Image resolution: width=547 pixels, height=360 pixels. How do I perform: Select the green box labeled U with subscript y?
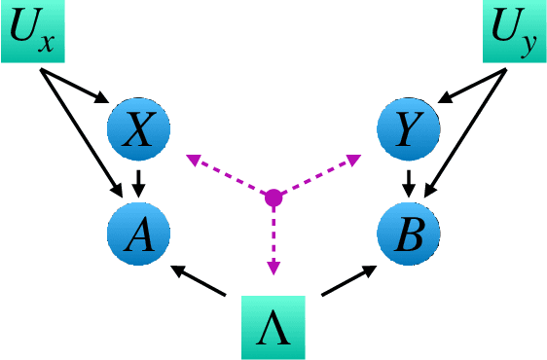click(514, 32)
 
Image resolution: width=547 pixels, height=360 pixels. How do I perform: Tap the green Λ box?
click(273, 327)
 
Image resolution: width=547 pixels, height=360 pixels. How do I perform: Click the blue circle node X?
click(138, 130)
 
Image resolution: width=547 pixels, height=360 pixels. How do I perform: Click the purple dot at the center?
click(273, 198)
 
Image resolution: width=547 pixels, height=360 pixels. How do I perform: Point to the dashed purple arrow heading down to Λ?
click(273, 238)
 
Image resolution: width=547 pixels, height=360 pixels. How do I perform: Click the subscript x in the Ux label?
click(50, 43)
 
